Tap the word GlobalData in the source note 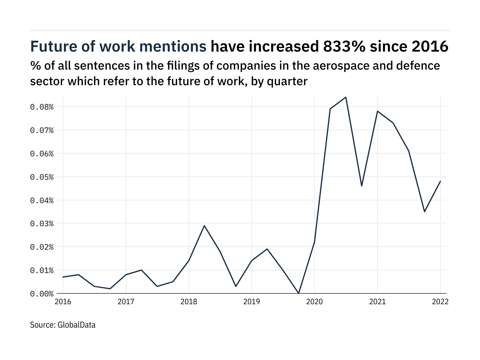point(76,325)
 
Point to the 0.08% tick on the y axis point(42,107)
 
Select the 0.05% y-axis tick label point(42,177)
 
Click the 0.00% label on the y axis point(42,294)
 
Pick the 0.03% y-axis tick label point(42,224)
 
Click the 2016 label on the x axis point(63,302)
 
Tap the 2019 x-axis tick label point(251,302)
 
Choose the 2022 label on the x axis point(440,302)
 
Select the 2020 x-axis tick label point(314,302)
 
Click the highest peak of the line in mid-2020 point(346,97)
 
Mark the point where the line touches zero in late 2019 point(298,293)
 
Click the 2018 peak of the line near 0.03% point(204,226)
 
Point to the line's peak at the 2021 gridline point(377,111)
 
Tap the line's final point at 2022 point(440,181)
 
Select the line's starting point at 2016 point(63,277)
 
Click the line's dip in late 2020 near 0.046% point(361,186)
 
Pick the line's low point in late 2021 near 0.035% point(424,211)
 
